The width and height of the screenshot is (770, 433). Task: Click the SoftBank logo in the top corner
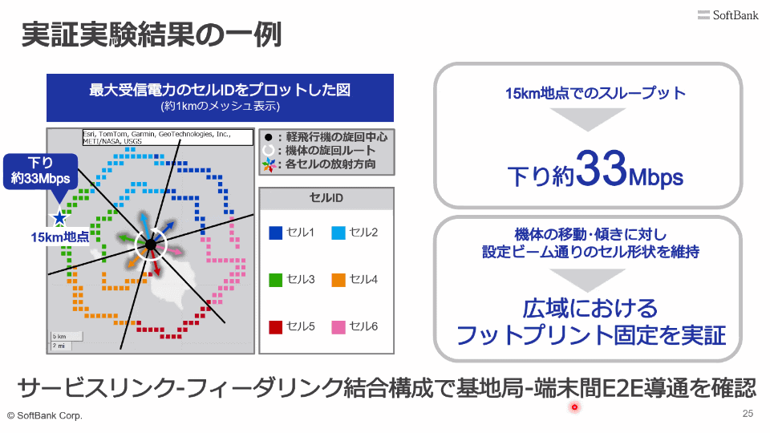point(727,15)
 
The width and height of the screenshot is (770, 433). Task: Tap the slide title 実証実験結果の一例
point(152,34)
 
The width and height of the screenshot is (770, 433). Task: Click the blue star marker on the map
point(60,217)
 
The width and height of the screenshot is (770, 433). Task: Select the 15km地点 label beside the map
point(60,237)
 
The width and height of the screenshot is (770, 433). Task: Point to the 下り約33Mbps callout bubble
point(41,172)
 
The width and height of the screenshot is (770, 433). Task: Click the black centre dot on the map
point(151,244)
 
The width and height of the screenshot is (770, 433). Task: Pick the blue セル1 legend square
point(275,233)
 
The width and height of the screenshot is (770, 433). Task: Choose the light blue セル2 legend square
point(338,233)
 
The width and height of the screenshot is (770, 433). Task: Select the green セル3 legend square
point(275,280)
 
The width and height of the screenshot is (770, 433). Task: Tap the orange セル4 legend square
point(338,280)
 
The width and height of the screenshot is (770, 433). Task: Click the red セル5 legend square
point(275,327)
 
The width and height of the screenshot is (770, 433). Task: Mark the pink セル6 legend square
point(338,327)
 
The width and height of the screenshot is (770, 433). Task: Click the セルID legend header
point(326,198)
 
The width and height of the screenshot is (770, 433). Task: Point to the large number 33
point(602,168)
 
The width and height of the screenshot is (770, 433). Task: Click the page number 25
point(748,414)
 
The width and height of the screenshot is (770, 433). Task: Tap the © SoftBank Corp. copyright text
point(45,416)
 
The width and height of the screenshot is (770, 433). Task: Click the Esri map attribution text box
point(168,137)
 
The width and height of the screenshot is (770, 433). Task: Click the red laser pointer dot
point(574,407)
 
